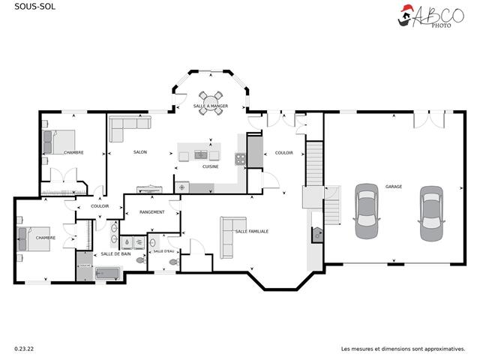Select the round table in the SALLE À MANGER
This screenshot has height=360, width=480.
coord(210,98)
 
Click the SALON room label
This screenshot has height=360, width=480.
coord(140,152)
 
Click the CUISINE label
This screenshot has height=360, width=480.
coord(211,166)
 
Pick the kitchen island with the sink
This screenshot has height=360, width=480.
coord(199,155)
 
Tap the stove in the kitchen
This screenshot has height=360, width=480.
coord(240,158)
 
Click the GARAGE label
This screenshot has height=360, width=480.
coord(394,186)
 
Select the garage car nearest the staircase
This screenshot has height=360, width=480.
coord(366,207)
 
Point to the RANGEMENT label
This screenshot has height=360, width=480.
coord(152,212)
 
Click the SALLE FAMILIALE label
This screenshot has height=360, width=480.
coord(252,232)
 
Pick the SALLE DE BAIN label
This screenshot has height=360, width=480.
coord(116,254)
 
